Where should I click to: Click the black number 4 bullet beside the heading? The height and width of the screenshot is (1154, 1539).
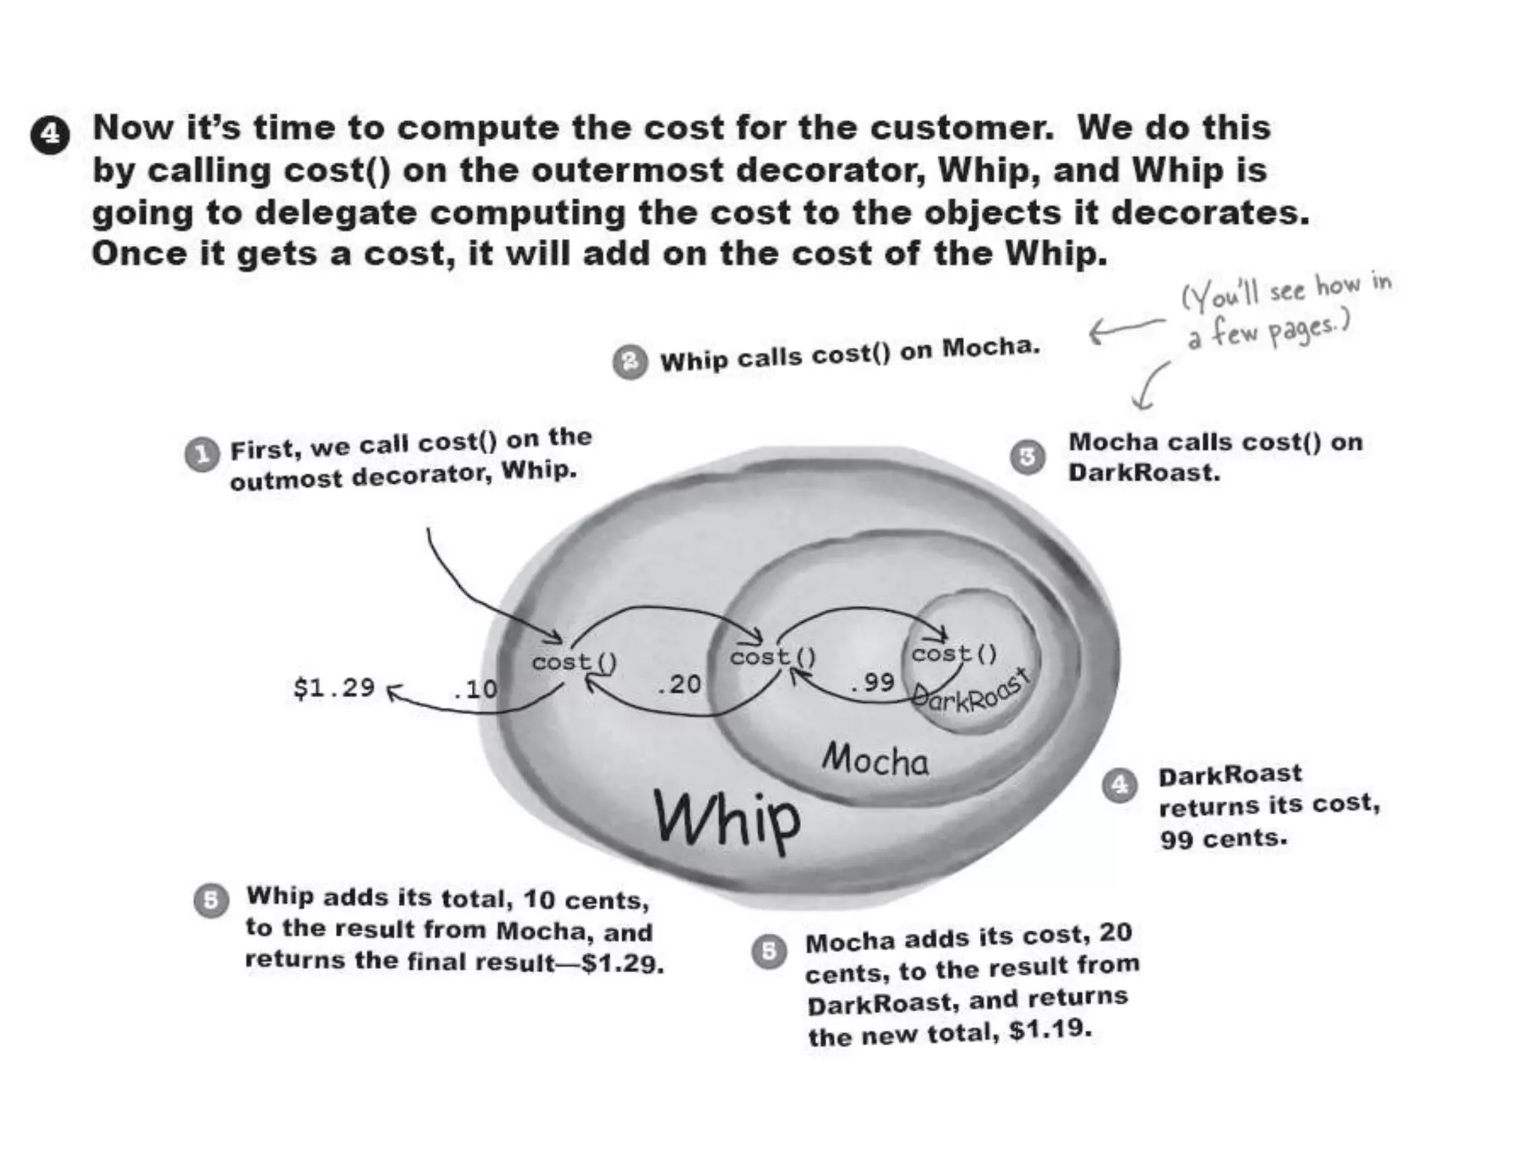coord(50,135)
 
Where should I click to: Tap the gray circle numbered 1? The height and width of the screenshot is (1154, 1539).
coord(201,455)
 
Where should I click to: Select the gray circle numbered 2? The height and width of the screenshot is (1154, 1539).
coord(630,362)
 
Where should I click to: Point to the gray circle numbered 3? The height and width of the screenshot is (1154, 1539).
coord(1027,457)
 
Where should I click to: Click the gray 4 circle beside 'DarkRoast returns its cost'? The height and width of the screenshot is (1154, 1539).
coord(1120,785)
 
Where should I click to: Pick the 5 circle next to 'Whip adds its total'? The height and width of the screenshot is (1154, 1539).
coord(211,900)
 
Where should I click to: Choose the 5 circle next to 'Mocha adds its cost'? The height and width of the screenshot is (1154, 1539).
coord(769,952)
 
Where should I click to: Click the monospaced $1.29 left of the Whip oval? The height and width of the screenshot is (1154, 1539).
coord(334,687)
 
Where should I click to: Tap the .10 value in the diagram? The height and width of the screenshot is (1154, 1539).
coord(475,689)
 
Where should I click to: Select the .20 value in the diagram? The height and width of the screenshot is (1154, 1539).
coord(678,684)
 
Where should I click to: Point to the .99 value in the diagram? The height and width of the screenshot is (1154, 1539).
coord(872,682)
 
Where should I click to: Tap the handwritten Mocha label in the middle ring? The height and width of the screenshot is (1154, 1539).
coord(875,760)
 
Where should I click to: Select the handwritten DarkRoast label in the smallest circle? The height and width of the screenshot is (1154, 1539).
coord(969,692)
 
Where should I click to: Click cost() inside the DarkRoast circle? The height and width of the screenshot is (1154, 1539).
coord(954,654)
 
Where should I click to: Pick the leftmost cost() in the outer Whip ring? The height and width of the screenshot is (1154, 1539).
coord(575,663)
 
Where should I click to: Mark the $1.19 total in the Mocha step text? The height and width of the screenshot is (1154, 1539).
coord(1050,1029)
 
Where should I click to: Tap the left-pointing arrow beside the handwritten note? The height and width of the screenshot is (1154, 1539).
coord(1126,329)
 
